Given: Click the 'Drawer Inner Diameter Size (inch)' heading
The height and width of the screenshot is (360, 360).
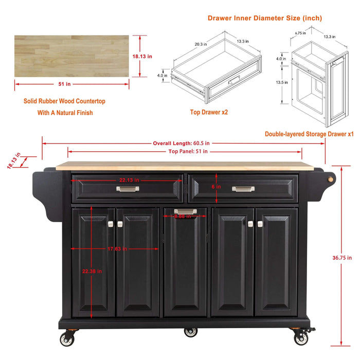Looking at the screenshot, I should tap(265, 18).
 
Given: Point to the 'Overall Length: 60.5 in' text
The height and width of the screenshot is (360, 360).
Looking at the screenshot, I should tap(179, 143).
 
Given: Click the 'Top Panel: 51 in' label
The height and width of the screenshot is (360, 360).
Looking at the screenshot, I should tap(188, 151).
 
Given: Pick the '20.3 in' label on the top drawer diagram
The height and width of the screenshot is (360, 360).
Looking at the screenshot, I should tap(201, 44).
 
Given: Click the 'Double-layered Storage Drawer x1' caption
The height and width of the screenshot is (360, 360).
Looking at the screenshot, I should tap(309, 134).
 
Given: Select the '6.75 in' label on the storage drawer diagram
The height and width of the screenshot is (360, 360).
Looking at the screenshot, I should tap(301, 33).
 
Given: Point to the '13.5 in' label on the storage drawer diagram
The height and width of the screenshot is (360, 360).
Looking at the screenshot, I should tap(281, 82).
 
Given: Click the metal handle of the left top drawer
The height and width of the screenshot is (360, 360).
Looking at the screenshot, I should tap(128, 189).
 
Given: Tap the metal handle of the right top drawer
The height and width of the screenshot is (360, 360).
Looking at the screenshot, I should tap(243, 189).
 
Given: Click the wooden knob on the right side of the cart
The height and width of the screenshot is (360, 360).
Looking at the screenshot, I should tap(331, 178).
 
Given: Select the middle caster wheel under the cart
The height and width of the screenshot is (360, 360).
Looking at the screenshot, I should tap(191, 332).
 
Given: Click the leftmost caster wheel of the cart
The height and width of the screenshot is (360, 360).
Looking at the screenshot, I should tap(67, 339).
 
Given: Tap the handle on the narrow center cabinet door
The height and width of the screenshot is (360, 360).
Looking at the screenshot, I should tap(185, 211).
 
